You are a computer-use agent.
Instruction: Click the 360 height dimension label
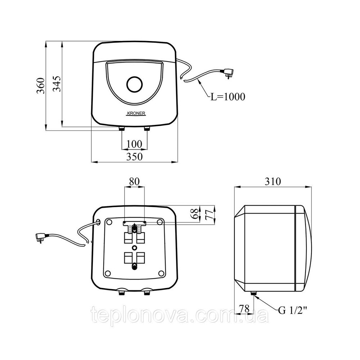point(41,86)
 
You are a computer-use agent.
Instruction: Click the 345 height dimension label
point(57,84)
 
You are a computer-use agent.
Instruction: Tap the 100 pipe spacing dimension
point(134,144)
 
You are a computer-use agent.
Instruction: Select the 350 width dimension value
point(134,157)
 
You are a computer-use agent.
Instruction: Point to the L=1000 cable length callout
point(228,96)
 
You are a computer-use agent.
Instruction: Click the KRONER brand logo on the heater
point(136,113)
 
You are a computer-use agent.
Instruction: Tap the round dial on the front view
point(135,84)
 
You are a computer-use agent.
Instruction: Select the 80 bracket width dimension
point(134,181)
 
